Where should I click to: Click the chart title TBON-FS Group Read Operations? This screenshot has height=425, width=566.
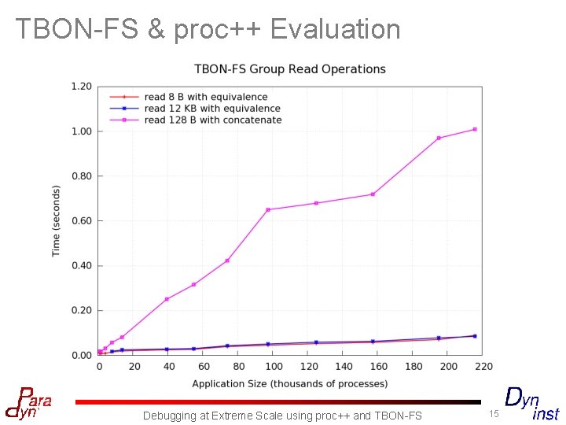point(290,69)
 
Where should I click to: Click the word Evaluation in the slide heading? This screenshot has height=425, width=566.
point(335,29)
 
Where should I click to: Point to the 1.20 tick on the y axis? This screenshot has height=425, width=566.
point(82,86)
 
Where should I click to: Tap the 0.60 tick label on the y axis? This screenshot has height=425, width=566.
point(82,221)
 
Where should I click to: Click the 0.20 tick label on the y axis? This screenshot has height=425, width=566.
point(82,311)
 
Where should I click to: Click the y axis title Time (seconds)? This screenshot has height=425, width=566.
point(57,221)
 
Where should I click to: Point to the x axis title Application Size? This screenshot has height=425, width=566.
point(290,384)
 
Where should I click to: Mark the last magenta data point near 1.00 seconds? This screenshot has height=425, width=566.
point(475,129)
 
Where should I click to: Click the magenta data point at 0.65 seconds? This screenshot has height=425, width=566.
point(268,209)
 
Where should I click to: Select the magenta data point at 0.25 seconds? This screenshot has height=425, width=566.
point(167,299)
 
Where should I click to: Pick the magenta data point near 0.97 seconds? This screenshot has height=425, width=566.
point(439,138)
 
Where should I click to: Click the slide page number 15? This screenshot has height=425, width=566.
point(494,414)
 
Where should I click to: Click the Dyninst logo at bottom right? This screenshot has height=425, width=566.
point(531,403)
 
